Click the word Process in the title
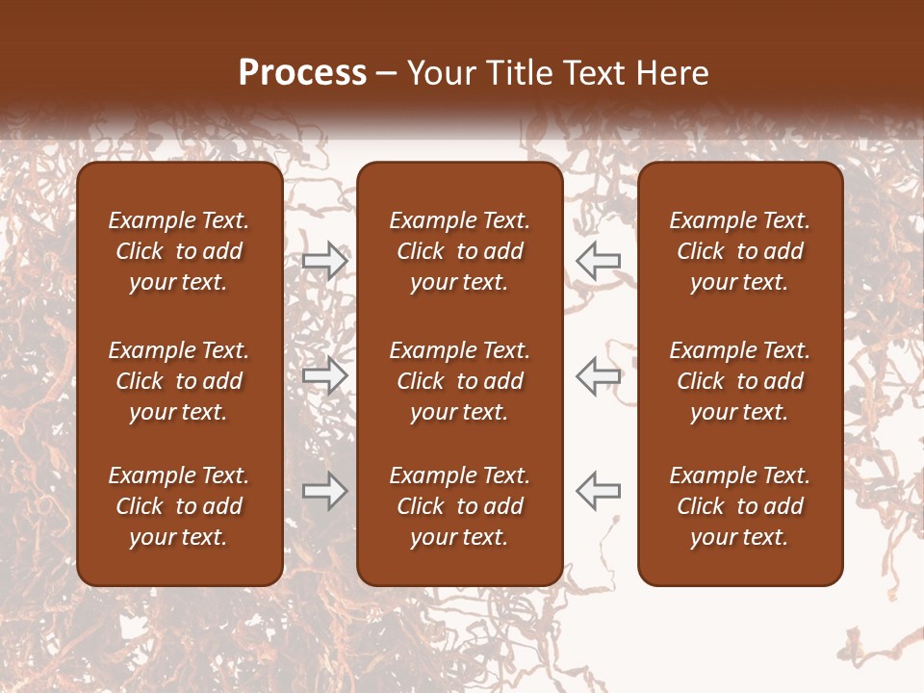(x=302, y=73)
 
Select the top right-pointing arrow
(x=324, y=261)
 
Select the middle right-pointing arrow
(x=324, y=375)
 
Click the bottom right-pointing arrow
(x=324, y=491)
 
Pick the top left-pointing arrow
(x=599, y=261)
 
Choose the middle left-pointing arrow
(x=599, y=375)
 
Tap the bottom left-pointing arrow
(x=599, y=491)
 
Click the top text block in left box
(x=179, y=251)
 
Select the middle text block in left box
(x=179, y=381)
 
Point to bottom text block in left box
(x=179, y=506)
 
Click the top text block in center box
(x=459, y=251)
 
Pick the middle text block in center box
(x=459, y=381)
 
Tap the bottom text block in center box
(x=459, y=506)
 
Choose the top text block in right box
(x=739, y=251)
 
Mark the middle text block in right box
(x=739, y=381)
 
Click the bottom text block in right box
(x=739, y=506)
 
